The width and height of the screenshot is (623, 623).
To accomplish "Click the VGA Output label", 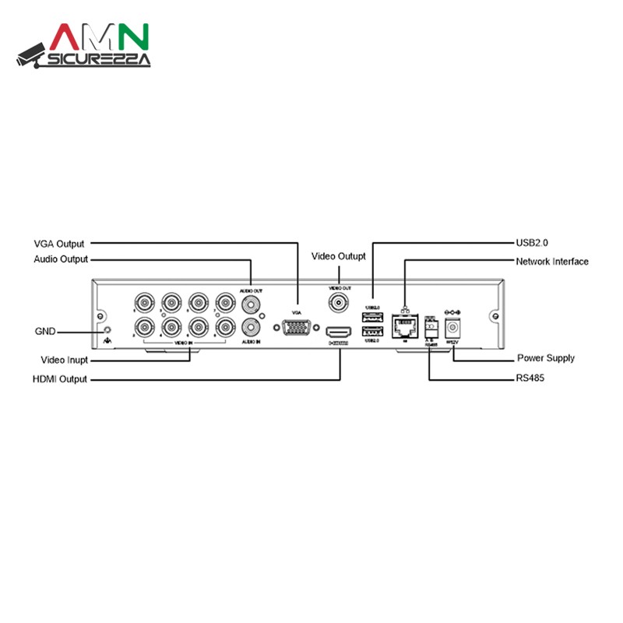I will point(59,244).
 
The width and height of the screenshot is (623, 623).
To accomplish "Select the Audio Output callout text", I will point(61,259).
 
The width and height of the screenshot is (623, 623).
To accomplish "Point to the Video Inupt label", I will point(65,361).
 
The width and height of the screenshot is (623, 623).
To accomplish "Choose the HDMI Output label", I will point(60,379).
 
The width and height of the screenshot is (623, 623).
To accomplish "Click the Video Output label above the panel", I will point(339,256).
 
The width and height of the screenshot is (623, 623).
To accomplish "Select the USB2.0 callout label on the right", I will point(537,243).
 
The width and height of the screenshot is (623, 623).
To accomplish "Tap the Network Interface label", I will point(552,262).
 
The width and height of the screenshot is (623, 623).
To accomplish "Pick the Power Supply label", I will point(546,358).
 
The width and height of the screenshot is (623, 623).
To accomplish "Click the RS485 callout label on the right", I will point(530,378).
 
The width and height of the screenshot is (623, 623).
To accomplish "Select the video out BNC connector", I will point(340,303).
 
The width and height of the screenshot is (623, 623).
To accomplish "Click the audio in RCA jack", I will point(251,327).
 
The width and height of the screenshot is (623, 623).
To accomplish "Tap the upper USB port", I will point(371,315).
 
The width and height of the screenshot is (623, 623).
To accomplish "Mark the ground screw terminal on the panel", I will point(106,330).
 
